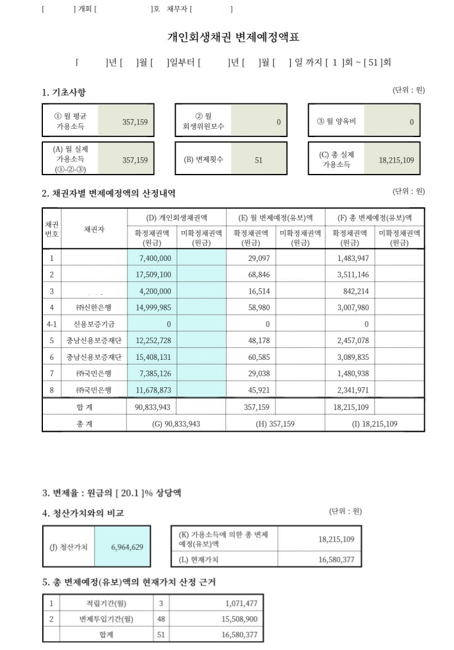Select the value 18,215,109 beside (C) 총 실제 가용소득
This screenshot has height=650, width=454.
pos(396,160)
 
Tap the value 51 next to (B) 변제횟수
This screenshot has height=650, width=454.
pos(258,160)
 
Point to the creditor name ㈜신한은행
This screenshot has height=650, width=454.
pos(94,307)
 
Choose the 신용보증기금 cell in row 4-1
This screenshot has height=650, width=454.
pos(94,324)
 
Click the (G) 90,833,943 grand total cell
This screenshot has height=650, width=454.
pos(176,424)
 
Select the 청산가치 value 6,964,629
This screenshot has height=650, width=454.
pos(127,547)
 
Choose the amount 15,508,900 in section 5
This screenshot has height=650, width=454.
pos(239,619)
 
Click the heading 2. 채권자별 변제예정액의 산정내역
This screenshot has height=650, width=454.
pos(108,194)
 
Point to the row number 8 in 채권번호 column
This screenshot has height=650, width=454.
pos(52,391)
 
